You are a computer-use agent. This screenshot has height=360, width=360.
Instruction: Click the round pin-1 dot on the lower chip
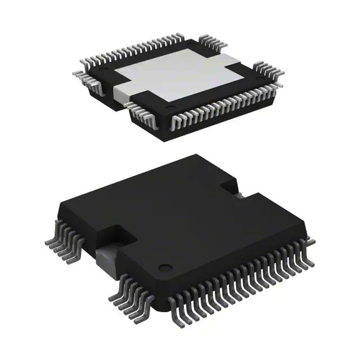click(164, 267)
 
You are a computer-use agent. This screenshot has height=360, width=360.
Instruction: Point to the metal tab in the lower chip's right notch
click(238, 195)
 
